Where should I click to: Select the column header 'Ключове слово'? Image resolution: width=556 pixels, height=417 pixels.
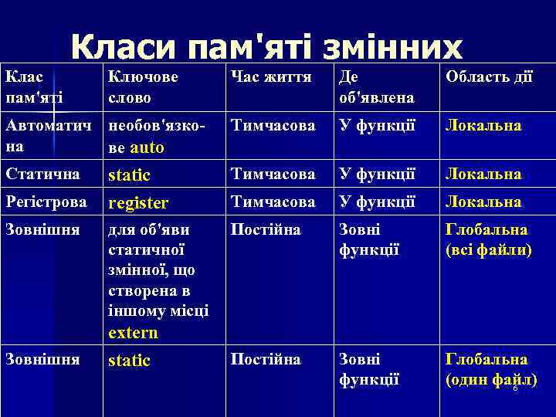(144, 87)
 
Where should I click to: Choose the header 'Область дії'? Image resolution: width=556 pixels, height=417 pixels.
(487, 77)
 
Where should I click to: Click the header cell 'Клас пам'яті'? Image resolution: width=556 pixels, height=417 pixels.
(35, 87)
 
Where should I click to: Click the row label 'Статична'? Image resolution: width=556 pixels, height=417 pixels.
(39, 175)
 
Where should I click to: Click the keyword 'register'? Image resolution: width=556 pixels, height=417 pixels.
(138, 203)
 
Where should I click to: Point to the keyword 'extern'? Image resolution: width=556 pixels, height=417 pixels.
(134, 334)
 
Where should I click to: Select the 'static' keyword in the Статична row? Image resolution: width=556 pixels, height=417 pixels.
(130, 175)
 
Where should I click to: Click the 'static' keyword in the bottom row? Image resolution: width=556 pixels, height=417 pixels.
(130, 361)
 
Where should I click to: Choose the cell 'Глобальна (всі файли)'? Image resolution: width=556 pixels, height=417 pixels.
(486, 239)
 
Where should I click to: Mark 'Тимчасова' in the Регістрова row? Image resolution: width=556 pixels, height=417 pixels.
(273, 202)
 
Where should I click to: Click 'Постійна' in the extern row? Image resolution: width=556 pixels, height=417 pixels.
(266, 230)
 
